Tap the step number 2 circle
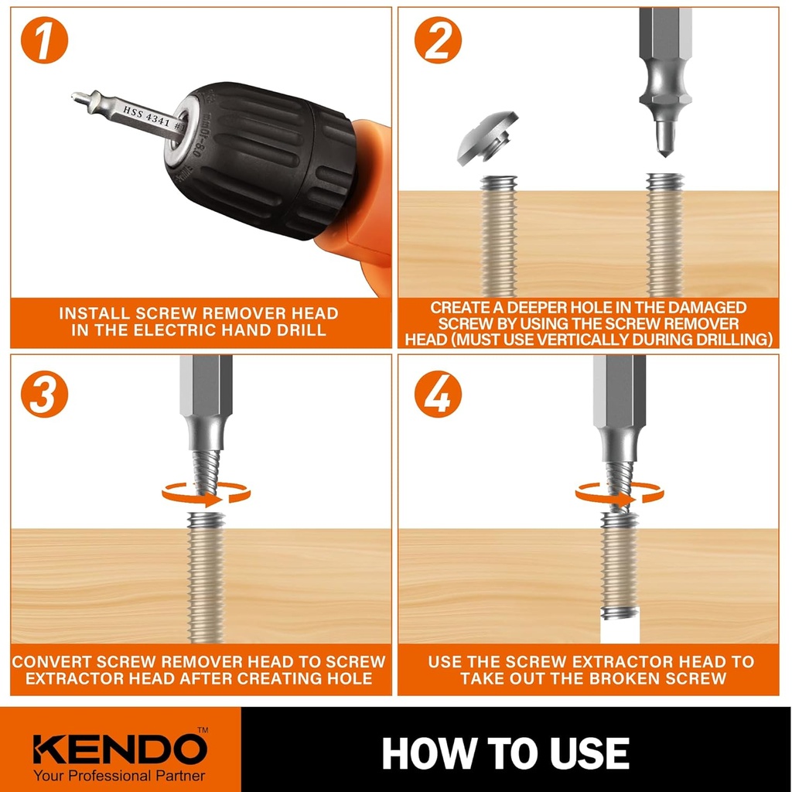438,43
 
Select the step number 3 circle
44,394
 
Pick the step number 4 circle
438,394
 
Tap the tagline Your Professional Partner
120,775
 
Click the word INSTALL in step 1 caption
94,314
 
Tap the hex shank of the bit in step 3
206,394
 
